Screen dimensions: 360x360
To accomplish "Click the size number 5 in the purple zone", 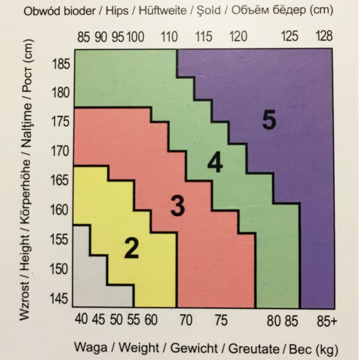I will click(268, 120).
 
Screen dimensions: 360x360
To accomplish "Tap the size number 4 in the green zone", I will click(215, 164).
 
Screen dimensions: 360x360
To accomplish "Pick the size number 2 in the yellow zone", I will click(131, 249).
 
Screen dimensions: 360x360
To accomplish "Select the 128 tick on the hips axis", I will click(324, 36).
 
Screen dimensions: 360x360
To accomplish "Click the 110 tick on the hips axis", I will click(170, 36).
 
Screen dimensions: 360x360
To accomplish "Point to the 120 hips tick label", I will click(238, 36).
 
